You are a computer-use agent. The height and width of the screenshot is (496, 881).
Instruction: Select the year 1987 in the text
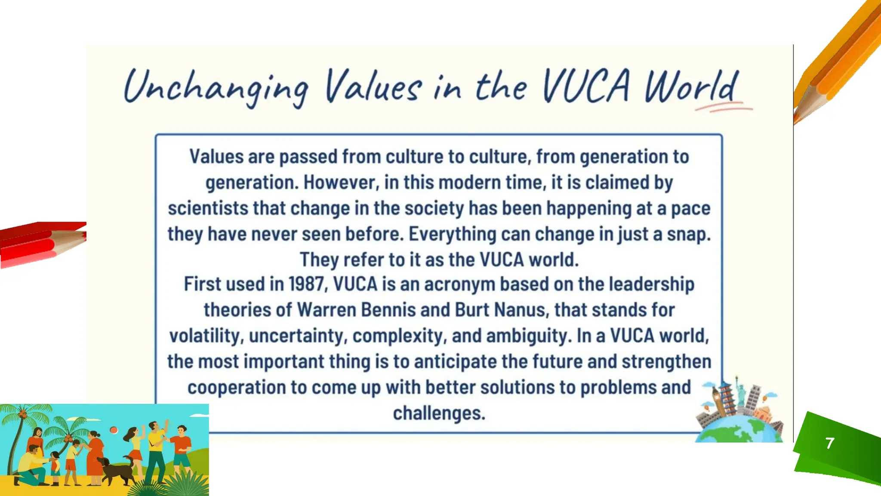coord(306,284)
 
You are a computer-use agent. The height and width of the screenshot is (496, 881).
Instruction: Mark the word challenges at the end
coord(439,413)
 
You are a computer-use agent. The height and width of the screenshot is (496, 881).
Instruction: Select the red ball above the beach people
coord(114,430)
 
